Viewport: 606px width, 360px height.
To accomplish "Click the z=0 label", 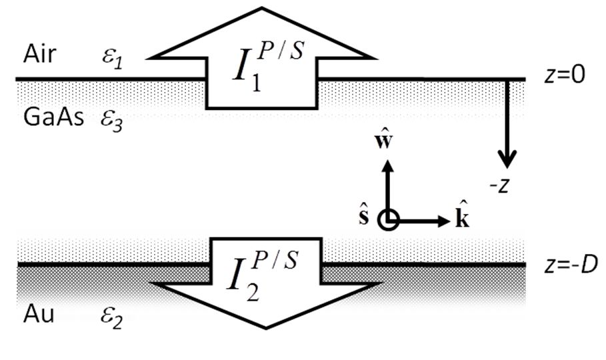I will pyautogui.click(x=564, y=76).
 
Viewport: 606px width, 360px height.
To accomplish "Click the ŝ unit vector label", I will pyautogui.click(x=365, y=217).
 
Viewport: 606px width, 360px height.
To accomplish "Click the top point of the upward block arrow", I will pyautogui.click(x=265, y=9).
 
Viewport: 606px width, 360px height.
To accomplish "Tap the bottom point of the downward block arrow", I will pyautogui.click(x=267, y=327).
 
